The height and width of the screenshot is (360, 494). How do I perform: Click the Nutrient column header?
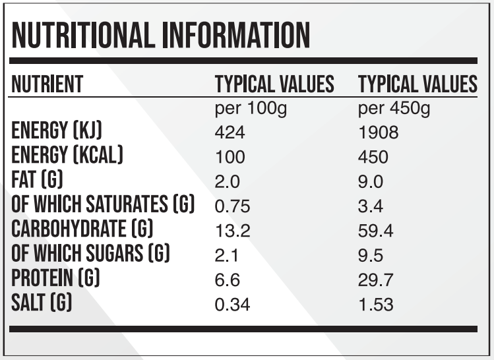[x=47, y=84]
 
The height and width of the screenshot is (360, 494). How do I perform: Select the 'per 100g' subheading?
[x=251, y=108]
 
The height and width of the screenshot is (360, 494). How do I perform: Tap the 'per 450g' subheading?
[x=394, y=108]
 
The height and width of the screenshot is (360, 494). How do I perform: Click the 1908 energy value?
[x=378, y=133]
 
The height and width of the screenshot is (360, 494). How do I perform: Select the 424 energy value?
[x=230, y=133]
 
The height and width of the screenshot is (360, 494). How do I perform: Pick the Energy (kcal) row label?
[x=67, y=156]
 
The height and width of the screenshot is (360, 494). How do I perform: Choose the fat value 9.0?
[x=370, y=182]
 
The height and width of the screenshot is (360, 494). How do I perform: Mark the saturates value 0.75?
[x=233, y=206]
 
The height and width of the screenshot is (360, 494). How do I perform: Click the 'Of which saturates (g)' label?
[x=103, y=204]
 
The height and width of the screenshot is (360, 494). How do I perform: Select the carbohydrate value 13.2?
[x=233, y=231]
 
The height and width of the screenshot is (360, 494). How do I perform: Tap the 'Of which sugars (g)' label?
[x=91, y=254]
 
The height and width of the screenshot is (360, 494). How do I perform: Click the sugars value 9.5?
[x=370, y=255]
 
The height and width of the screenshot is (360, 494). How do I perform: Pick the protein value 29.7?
[x=375, y=280]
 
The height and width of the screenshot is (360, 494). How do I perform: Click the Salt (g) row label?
[x=42, y=303]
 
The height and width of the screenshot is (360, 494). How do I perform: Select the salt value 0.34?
[x=233, y=305]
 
